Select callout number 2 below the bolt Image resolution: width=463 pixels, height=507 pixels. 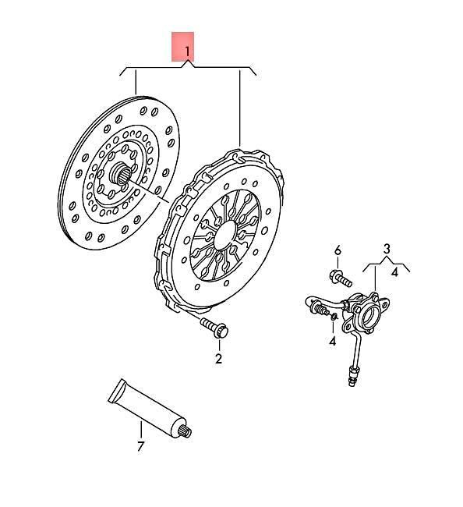point(219,359)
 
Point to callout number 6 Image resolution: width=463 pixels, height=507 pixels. point(338,250)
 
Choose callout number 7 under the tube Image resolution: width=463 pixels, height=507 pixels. point(141,447)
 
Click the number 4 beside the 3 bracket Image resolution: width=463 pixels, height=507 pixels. point(396,272)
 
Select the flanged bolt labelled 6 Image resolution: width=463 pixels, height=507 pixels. point(339,277)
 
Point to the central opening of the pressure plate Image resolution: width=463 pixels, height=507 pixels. point(224,233)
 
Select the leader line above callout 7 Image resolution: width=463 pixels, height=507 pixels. point(141,429)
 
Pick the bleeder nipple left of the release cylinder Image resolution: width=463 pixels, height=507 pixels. point(319,311)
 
